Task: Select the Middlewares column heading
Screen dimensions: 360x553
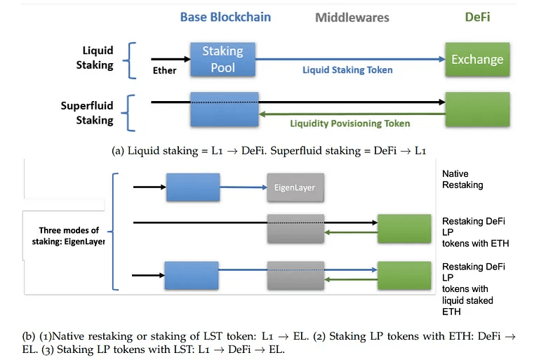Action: point(352,18)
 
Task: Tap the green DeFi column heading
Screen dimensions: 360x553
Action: point(477,17)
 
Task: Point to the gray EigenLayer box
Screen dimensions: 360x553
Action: point(295,187)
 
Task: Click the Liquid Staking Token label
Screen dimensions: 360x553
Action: point(347,70)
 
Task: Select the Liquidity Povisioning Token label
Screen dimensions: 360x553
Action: point(349,123)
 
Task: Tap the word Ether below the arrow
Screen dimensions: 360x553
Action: point(164,70)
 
